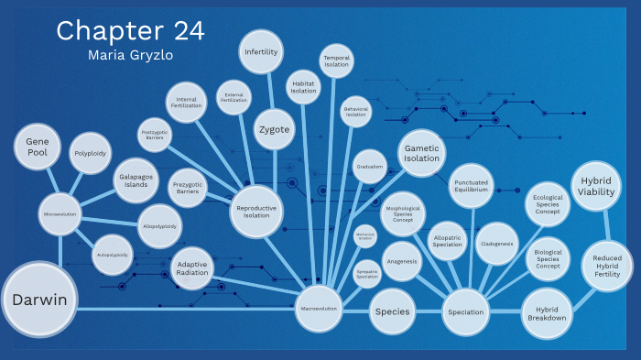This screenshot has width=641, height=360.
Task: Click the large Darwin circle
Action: coord(39,300)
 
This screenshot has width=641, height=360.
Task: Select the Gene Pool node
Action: coord(38,147)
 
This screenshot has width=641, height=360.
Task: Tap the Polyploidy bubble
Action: coord(91,154)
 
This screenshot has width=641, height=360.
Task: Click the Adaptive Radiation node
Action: coord(192,267)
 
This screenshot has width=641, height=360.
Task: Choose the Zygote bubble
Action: coord(274,129)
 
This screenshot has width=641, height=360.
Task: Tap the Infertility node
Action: coord(261,52)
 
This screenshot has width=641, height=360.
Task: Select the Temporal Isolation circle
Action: coord(336,62)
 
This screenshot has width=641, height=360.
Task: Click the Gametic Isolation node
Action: coord(422,153)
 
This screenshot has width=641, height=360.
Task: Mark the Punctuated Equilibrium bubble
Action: coord(473,187)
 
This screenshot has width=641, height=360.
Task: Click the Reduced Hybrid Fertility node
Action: coord(606,266)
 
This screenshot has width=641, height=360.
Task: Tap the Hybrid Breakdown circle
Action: coord(547,312)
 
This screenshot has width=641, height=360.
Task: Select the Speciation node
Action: coord(466,312)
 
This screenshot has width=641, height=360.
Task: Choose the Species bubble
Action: coord(392,312)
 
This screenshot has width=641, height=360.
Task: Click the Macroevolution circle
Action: coord(319,309)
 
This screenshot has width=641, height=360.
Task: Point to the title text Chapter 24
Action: coord(130,31)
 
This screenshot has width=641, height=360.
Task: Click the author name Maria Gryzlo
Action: coord(130,56)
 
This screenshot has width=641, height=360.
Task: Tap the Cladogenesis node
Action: coord(497,244)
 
